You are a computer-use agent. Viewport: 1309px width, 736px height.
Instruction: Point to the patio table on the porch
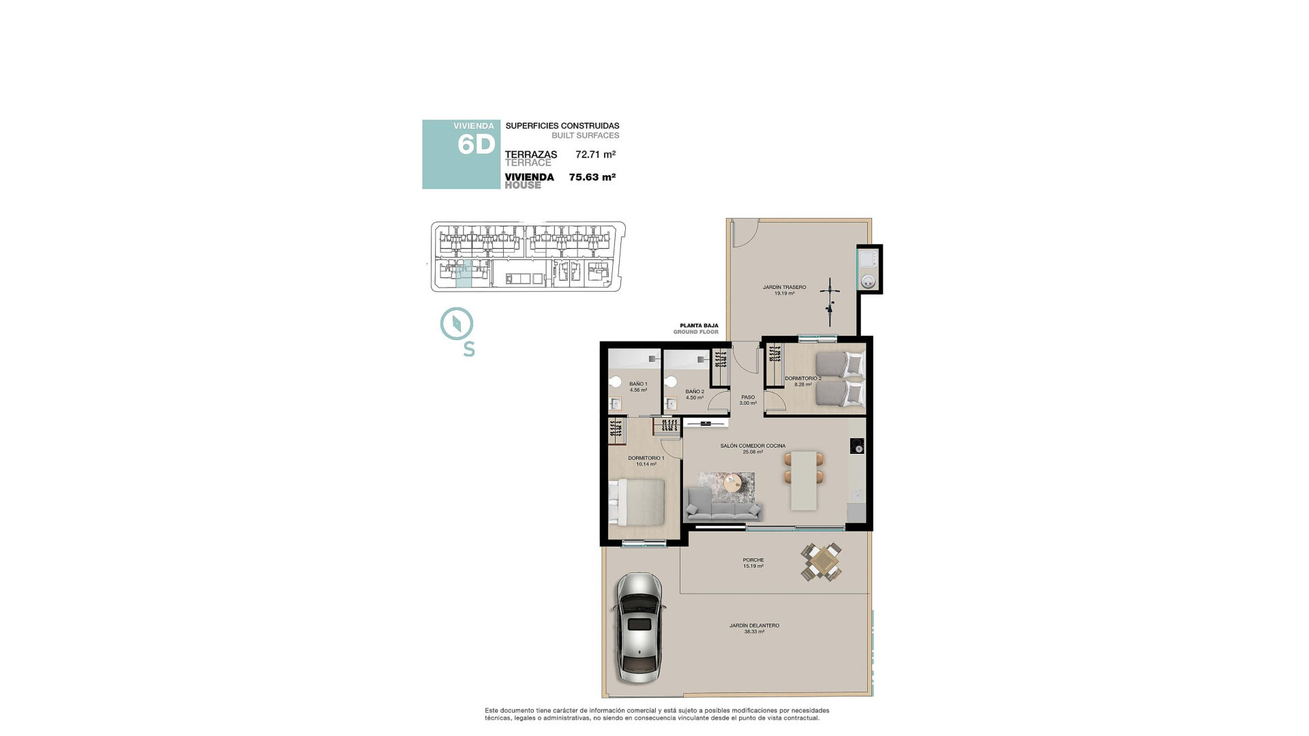822,562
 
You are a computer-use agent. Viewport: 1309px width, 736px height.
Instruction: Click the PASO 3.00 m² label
748,400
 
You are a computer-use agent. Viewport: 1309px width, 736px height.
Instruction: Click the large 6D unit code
476,144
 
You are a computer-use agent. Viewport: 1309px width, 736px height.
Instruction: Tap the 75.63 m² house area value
592,177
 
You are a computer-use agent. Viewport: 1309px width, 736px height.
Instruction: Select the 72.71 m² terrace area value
595,155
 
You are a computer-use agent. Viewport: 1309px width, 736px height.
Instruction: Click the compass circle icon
457,324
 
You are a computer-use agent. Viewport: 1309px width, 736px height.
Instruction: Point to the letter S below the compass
469,349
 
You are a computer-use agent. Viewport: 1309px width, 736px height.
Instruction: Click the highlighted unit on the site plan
463,274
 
